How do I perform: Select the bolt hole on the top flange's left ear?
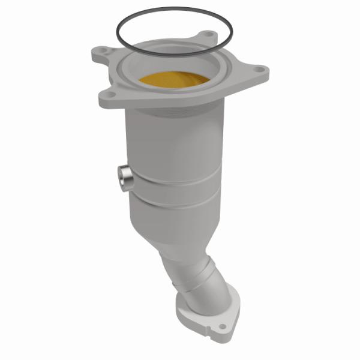pos(103,51)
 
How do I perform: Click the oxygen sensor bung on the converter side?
pos(125,177)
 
